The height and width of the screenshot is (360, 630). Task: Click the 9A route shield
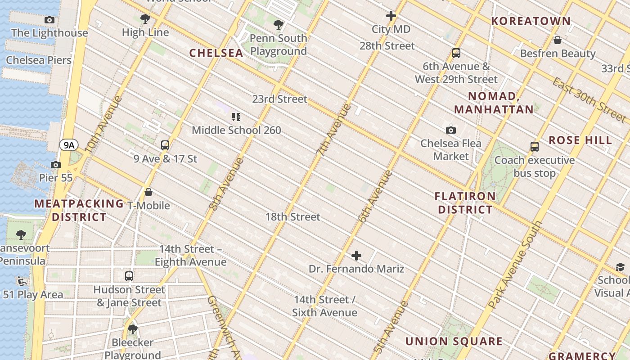click(x=69, y=145)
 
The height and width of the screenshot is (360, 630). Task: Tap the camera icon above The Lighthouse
click(x=49, y=20)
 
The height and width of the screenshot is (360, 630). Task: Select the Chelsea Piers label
click(x=39, y=60)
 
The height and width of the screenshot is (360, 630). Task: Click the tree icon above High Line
click(x=145, y=19)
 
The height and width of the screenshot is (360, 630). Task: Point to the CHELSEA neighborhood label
click(x=216, y=53)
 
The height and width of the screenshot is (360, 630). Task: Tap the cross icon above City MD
click(x=391, y=16)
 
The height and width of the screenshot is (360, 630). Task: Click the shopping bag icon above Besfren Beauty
click(x=557, y=40)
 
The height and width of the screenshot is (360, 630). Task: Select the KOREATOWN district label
click(x=531, y=21)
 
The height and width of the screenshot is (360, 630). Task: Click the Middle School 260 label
click(x=236, y=130)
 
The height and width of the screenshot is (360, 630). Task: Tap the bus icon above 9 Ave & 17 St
click(x=165, y=145)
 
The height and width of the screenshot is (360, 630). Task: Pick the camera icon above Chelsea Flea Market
click(x=450, y=130)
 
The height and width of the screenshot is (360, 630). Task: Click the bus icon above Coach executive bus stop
click(x=534, y=147)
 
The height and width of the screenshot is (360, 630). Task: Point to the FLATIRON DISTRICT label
click(x=465, y=203)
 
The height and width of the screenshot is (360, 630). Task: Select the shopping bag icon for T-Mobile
click(x=148, y=193)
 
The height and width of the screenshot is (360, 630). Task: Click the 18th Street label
click(x=292, y=216)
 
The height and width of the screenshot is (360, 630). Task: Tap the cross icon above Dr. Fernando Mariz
click(x=356, y=256)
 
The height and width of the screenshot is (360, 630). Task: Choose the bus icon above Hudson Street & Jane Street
click(x=129, y=276)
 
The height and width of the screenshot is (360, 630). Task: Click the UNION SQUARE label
click(x=454, y=341)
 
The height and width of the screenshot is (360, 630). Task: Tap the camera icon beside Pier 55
click(x=56, y=165)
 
